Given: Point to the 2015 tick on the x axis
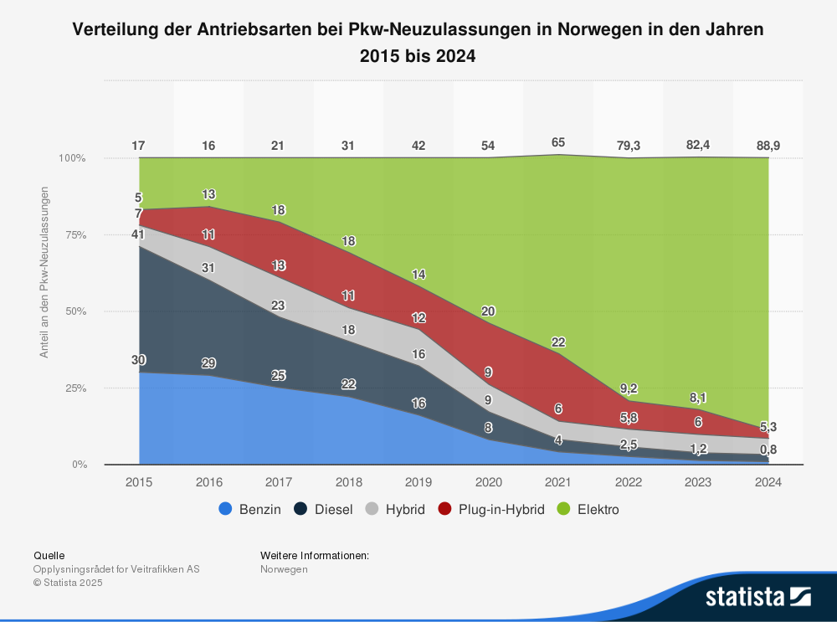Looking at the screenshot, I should coord(139,482).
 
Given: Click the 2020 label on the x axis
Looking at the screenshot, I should coord(488,482).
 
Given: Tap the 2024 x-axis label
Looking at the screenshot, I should coord(768,482).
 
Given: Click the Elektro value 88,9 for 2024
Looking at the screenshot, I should coord(768,146).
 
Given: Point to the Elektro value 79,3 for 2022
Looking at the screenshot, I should coord(628,146).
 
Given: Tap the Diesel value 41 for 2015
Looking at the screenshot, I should coord(139,234).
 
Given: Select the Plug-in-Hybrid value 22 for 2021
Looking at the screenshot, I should coord(558,342).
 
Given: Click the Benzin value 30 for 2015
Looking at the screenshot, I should coord(139,360).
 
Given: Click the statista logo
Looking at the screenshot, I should coord(757,597).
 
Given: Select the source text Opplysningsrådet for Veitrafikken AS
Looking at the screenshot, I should coord(116,569).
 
